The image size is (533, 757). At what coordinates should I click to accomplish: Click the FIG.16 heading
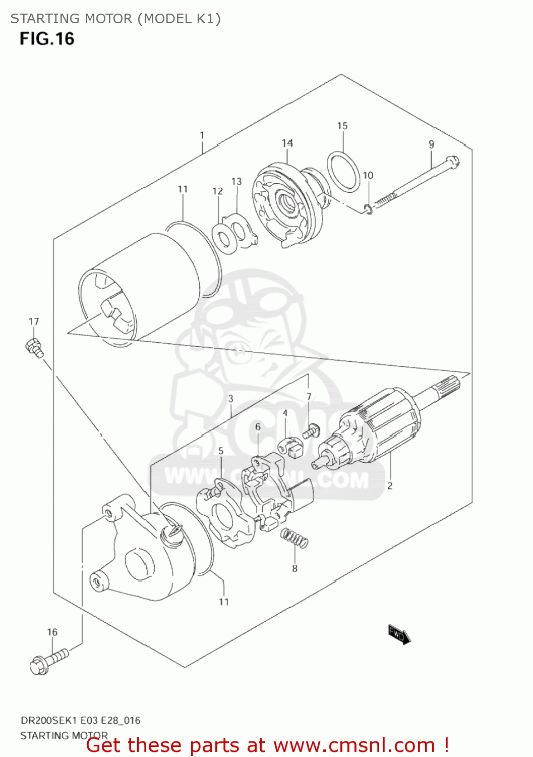(x=47, y=39)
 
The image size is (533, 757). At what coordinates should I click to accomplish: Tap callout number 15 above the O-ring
(x=342, y=126)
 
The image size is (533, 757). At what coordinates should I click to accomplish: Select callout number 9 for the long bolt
(x=431, y=144)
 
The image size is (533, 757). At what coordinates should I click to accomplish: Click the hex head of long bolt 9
(x=454, y=162)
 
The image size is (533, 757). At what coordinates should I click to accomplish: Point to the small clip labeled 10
(x=369, y=208)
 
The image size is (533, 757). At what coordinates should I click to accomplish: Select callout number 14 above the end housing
(x=287, y=143)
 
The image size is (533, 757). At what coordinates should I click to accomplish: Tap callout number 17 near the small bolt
(x=34, y=321)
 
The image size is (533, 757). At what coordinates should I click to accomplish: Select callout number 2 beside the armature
(x=390, y=486)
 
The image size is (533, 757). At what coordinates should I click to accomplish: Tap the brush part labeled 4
(x=290, y=447)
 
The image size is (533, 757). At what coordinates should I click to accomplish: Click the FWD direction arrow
(x=399, y=634)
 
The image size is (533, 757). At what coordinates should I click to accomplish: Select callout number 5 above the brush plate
(x=220, y=451)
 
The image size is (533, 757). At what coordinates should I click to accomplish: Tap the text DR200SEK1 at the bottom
(x=48, y=720)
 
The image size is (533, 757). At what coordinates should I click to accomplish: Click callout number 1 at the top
(x=202, y=135)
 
